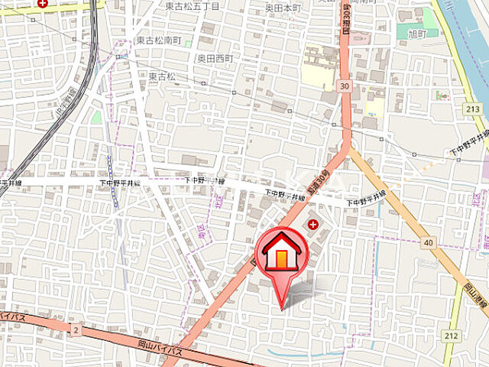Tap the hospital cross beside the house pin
tap(313, 224)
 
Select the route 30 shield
tap(345, 86)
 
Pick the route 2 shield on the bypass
tap(76, 328)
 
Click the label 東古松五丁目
tap(192, 6)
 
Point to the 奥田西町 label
tap(215, 58)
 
